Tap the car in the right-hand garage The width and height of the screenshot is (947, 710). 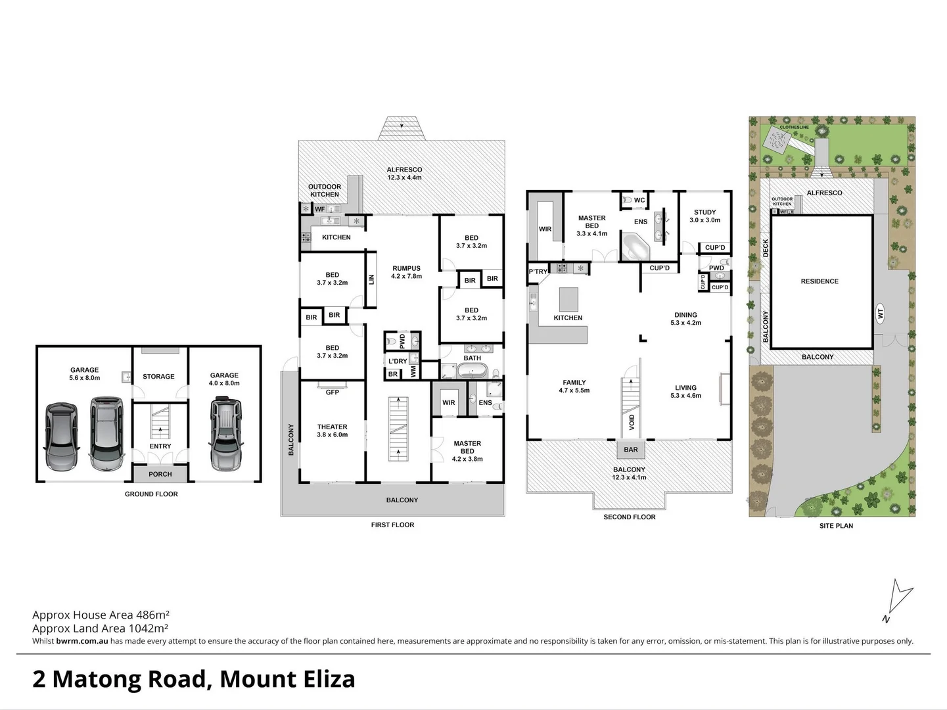point(225,434)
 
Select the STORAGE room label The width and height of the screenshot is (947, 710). point(158,377)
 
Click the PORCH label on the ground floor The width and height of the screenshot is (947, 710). point(160,474)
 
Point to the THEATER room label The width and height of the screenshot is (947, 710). point(332,427)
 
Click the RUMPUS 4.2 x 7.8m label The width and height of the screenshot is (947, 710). point(406,272)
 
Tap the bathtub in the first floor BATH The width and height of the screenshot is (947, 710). point(472,372)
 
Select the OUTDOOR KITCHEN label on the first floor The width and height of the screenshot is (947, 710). point(325,191)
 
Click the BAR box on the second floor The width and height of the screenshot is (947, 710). point(630,450)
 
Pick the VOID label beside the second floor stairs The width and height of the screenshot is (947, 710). point(632,421)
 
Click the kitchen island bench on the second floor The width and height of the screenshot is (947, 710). point(568,299)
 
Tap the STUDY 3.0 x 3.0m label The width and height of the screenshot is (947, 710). point(704,216)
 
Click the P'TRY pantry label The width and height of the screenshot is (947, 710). point(538,272)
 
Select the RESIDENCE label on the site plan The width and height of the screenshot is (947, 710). point(820,281)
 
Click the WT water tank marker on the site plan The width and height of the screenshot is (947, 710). point(881,314)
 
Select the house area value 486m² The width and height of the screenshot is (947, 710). point(152,615)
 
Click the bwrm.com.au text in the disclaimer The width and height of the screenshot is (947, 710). point(82,641)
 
